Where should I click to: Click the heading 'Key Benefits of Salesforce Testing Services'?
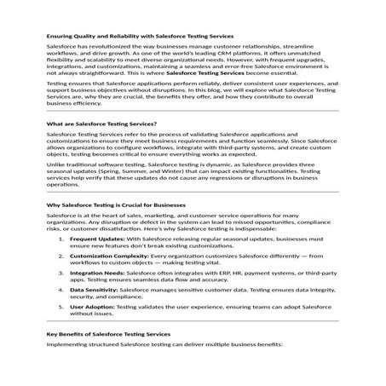coord(108,334)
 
